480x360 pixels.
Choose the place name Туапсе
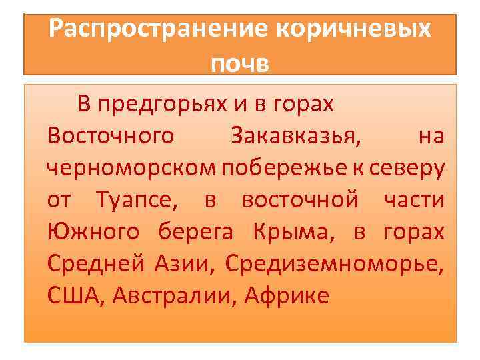pyautogui.click(x=136, y=199)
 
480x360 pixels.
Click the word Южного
pyautogui.click(x=93, y=231)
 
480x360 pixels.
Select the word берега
pyautogui.click(x=196, y=231)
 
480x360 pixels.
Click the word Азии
pyautogui.click(x=187, y=263)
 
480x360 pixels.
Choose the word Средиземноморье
pyautogui.click(x=334, y=263)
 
